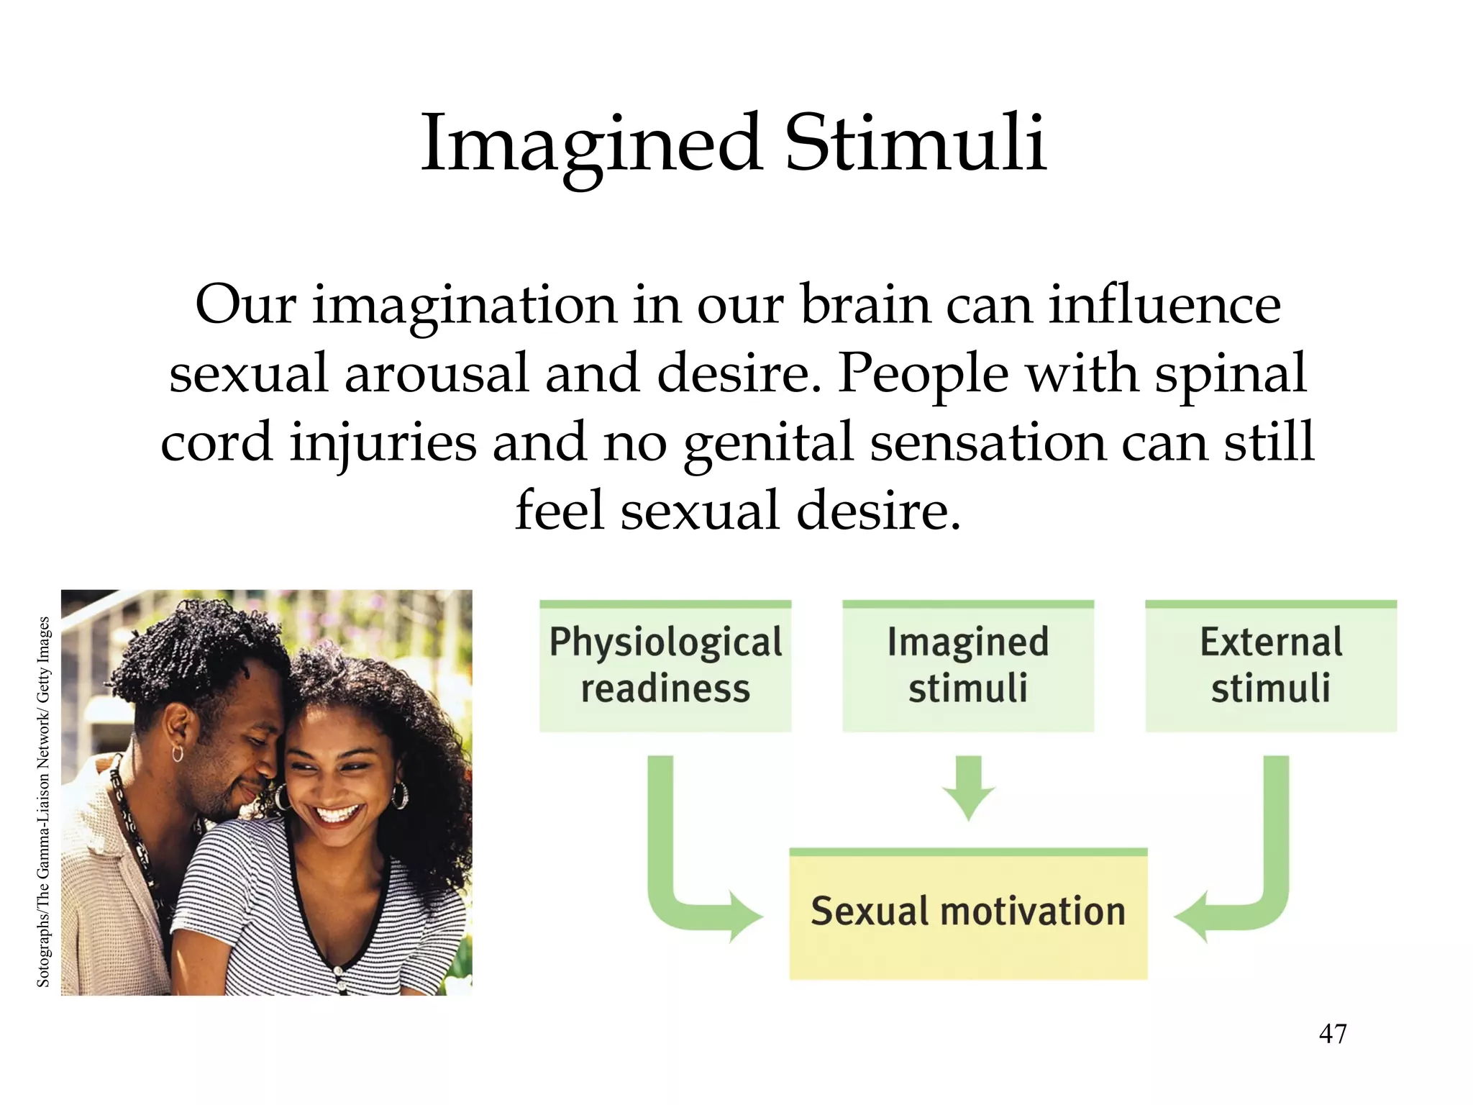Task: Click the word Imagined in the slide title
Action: [591, 144]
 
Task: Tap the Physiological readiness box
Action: [665, 665]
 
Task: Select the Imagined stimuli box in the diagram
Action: [968, 665]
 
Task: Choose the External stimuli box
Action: [1271, 665]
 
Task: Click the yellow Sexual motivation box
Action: [968, 912]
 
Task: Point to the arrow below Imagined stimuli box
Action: [968, 788]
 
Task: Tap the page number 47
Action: [1333, 1034]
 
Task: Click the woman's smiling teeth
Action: [337, 814]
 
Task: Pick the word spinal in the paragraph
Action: [1230, 373]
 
